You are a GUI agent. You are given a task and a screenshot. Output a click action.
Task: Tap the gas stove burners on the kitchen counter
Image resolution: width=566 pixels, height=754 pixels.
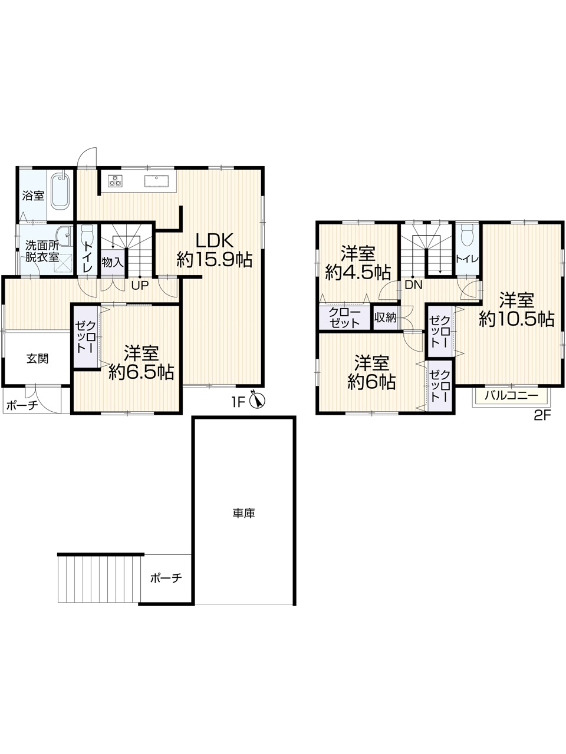point(115,181)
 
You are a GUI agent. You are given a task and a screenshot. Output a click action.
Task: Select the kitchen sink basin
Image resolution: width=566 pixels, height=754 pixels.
point(156,181)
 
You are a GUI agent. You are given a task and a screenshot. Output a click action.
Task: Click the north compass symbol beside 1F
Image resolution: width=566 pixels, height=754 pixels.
point(258,400)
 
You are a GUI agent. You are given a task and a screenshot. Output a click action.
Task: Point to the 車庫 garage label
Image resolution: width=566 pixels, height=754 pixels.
point(243,513)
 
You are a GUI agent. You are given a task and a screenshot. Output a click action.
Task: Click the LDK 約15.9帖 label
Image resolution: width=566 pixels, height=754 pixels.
point(215,250)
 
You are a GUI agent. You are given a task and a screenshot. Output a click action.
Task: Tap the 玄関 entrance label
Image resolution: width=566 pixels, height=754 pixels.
point(38,359)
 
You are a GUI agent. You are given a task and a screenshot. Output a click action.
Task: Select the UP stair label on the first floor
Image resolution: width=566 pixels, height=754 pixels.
point(140,285)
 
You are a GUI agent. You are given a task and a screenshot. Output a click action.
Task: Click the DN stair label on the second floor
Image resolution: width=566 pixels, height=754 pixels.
point(413,285)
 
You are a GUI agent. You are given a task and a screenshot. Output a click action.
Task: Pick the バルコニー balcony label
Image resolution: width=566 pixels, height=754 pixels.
point(511,396)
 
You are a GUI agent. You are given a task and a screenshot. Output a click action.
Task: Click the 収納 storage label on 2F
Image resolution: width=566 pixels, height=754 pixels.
point(385,318)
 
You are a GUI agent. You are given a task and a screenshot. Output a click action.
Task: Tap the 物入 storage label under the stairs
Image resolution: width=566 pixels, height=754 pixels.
point(113,263)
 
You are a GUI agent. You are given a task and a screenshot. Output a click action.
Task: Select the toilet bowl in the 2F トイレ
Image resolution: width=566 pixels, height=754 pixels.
point(468,235)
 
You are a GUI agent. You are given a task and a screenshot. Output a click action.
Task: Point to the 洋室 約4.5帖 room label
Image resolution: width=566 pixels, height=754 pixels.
point(358,264)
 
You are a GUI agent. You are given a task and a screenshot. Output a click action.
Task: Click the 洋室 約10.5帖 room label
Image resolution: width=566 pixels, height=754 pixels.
point(516,309)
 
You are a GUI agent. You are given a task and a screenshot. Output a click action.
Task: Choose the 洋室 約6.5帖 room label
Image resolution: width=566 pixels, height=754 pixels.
point(141,362)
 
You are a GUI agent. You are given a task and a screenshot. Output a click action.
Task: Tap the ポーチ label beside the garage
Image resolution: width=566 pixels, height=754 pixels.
point(166,578)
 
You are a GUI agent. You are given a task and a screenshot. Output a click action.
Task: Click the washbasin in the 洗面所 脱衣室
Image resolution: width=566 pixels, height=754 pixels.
point(64,235)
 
